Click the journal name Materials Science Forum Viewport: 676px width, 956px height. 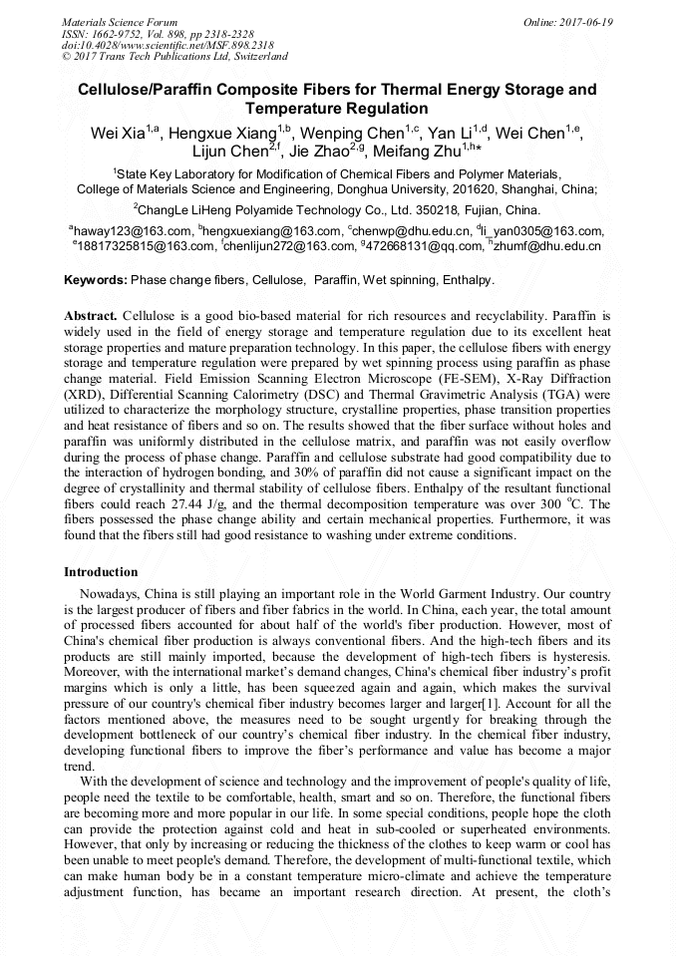[x=120, y=21]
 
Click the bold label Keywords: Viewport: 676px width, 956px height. [x=96, y=280]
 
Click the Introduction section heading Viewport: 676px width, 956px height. [x=101, y=572]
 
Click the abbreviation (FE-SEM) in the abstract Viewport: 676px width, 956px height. [x=463, y=378]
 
